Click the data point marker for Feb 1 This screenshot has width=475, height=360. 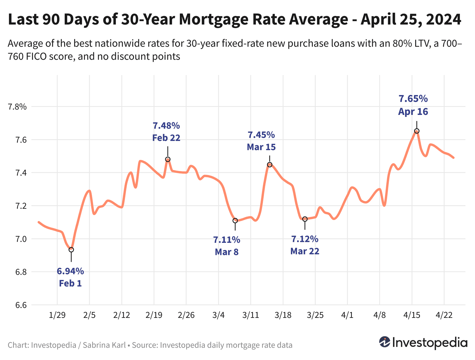click(71, 250)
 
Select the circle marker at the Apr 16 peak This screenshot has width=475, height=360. click(417, 131)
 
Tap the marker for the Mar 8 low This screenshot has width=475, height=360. click(235, 221)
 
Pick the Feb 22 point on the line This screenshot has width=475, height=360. click(168, 159)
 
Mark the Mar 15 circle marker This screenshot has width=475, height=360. click(269, 165)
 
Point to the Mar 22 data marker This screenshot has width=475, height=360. click(305, 219)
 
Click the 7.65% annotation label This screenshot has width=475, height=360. click(413, 99)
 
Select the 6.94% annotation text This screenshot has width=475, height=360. click(70, 271)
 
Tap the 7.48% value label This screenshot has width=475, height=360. click(166, 126)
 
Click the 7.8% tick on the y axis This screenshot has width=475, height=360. click(17, 107)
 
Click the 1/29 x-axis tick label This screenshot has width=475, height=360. click(57, 315)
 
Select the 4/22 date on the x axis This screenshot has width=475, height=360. click(444, 315)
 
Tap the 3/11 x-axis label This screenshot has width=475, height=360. click(250, 315)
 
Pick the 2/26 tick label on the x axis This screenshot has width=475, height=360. click(186, 315)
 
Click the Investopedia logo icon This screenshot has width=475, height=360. click(385, 342)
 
